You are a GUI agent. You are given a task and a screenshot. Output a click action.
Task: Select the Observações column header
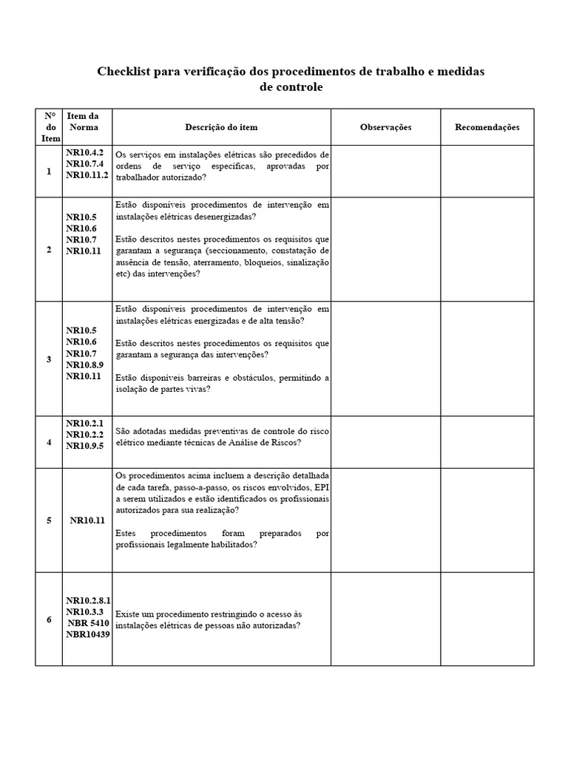[385, 127]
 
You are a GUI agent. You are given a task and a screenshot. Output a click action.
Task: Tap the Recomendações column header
[487, 127]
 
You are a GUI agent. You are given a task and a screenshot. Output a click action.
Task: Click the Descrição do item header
[221, 127]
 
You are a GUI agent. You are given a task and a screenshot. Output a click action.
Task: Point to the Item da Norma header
[82, 121]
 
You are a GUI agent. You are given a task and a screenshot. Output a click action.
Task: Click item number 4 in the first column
[49, 442]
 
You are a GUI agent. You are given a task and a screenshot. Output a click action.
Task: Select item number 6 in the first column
[49, 619]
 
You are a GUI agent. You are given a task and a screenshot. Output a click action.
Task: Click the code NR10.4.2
[84, 153]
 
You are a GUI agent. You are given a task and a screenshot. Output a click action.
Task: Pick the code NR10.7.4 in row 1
[84, 164]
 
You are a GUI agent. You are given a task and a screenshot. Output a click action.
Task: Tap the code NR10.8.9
[84, 364]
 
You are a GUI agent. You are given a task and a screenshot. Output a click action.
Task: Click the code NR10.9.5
[84, 445]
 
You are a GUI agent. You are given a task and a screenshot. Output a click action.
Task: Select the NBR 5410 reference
[89, 623]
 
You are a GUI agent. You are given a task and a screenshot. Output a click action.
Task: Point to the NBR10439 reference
[87, 635]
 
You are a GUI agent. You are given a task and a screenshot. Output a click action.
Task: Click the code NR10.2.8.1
[88, 601]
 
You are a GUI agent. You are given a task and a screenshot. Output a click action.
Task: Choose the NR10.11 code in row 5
[87, 520]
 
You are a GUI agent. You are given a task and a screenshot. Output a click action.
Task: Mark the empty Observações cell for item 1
[385, 172]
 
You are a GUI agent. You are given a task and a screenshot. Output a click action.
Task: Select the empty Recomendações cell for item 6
[487, 619]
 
